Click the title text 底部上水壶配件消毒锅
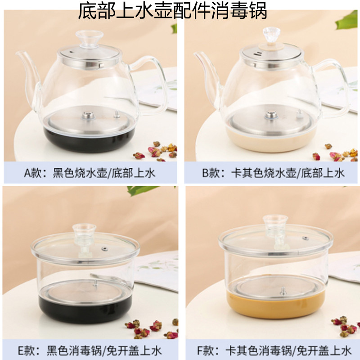pyautogui.click(x=173, y=11)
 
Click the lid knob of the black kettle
pyautogui.click(x=89, y=38)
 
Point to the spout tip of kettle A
pyautogui.click(x=17, y=54)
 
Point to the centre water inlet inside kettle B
pyautogui.click(x=271, y=116)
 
